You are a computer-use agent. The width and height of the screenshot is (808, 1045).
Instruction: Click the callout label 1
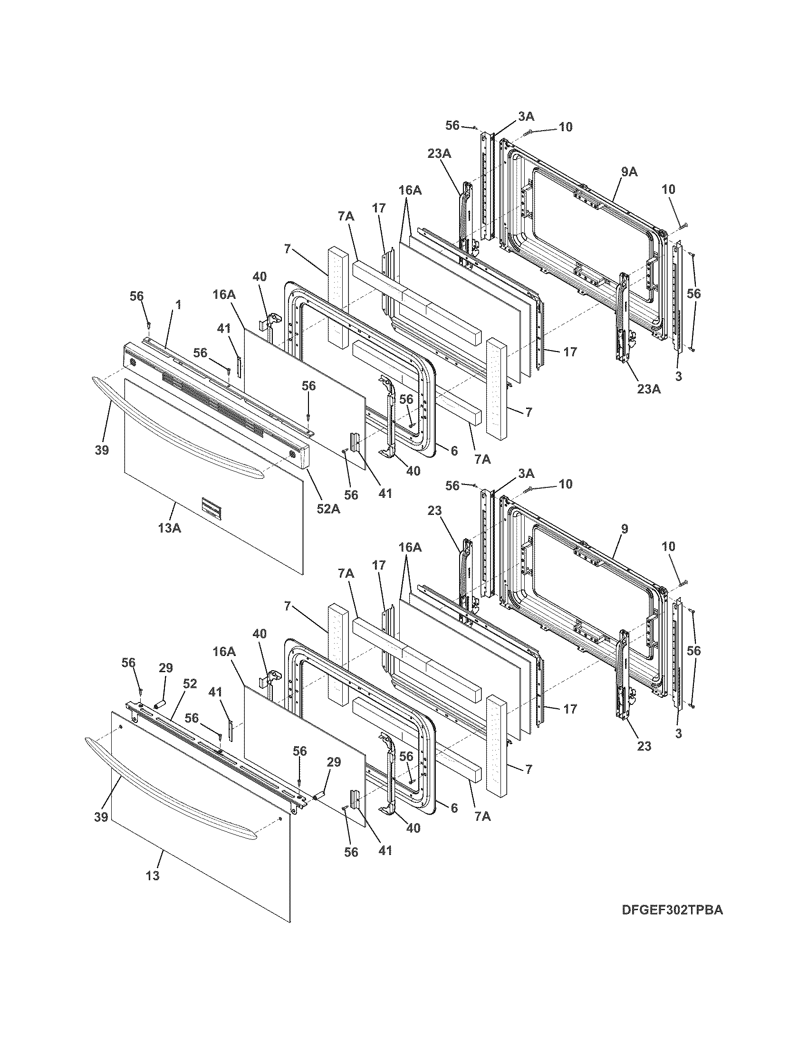point(178,304)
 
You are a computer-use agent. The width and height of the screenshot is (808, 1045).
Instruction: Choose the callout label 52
point(190,684)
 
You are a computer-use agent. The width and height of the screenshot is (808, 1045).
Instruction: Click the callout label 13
point(153,875)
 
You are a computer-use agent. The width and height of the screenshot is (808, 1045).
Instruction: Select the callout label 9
point(625,529)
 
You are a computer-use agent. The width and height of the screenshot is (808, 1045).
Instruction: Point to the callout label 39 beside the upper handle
point(102,450)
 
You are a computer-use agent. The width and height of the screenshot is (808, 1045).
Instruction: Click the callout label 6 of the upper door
point(454,450)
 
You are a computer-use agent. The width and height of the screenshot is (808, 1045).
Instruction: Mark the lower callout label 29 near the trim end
point(334,762)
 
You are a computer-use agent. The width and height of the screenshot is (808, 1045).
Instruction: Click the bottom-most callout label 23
point(644,745)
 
